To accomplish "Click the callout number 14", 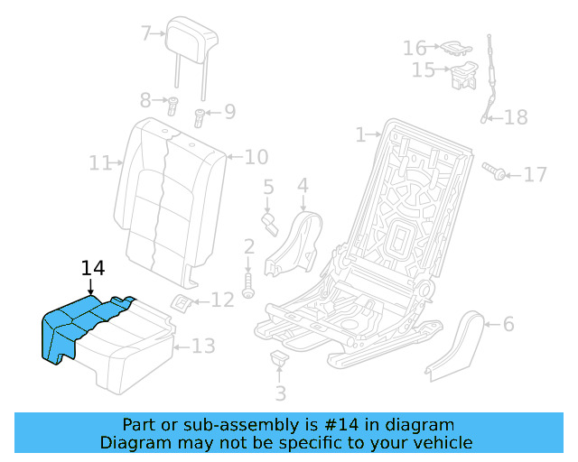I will [93, 268].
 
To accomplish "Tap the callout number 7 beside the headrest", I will [147, 34].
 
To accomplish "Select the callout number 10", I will [256, 157].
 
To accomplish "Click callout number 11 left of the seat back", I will [100, 163].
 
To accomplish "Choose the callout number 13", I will [204, 346].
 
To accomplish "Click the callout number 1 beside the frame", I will [361, 134].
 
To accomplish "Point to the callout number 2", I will [248, 246].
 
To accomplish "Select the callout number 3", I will [280, 393].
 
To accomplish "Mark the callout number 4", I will [303, 185].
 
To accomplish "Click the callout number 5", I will [268, 188].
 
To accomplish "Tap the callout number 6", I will [508, 323].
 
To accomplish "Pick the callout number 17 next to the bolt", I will [536, 173].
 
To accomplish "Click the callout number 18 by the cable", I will [515, 117].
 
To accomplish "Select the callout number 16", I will [415, 47].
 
